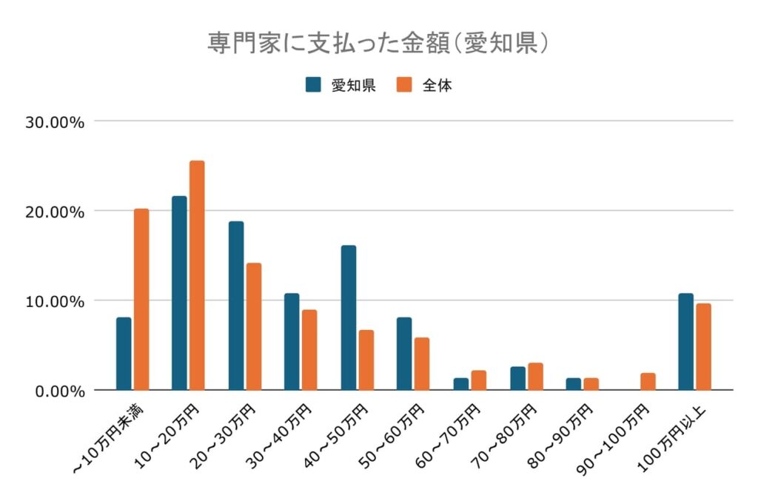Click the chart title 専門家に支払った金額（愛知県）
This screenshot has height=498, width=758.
(378, 42)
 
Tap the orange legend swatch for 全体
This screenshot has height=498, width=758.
(404, 84)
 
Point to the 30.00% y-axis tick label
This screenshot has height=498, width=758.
(55, 121)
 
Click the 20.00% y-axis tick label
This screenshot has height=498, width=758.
(55, 211)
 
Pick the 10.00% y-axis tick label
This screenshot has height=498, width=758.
(55, 301)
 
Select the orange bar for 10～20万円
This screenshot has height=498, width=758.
(197, 275)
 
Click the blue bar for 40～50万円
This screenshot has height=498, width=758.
(348, 317)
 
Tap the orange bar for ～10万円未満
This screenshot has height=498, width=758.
(141, 299)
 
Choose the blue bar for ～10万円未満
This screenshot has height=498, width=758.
(124, 354)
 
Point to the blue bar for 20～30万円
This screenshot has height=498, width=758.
(236, 306)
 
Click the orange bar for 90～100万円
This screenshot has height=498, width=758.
(648, 382)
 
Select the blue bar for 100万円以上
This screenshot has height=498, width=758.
(685, 342)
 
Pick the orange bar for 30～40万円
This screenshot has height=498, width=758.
(309, 350)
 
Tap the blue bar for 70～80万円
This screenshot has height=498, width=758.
(517, 378)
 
